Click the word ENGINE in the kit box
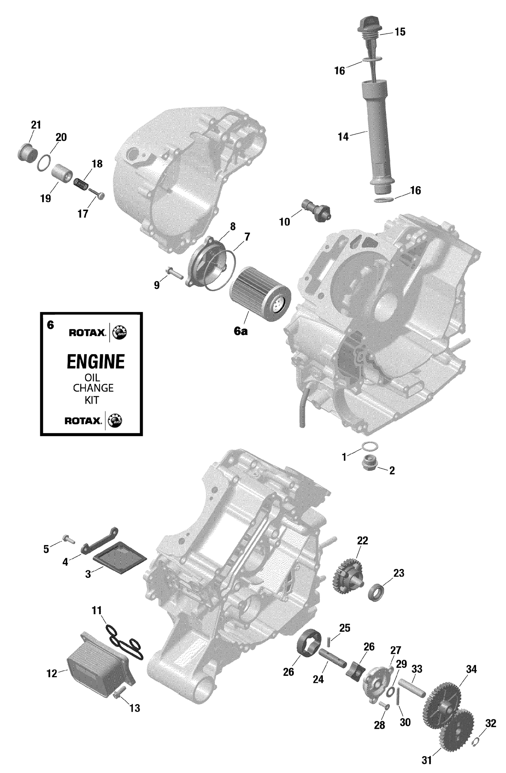(x=96, y=362)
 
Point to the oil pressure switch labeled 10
(x=316, y=210)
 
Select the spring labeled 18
(x=81, y=184)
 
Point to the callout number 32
(x=490, y=723)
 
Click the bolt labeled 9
(x=173, y=272)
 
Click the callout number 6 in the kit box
(x=50, y=325)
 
